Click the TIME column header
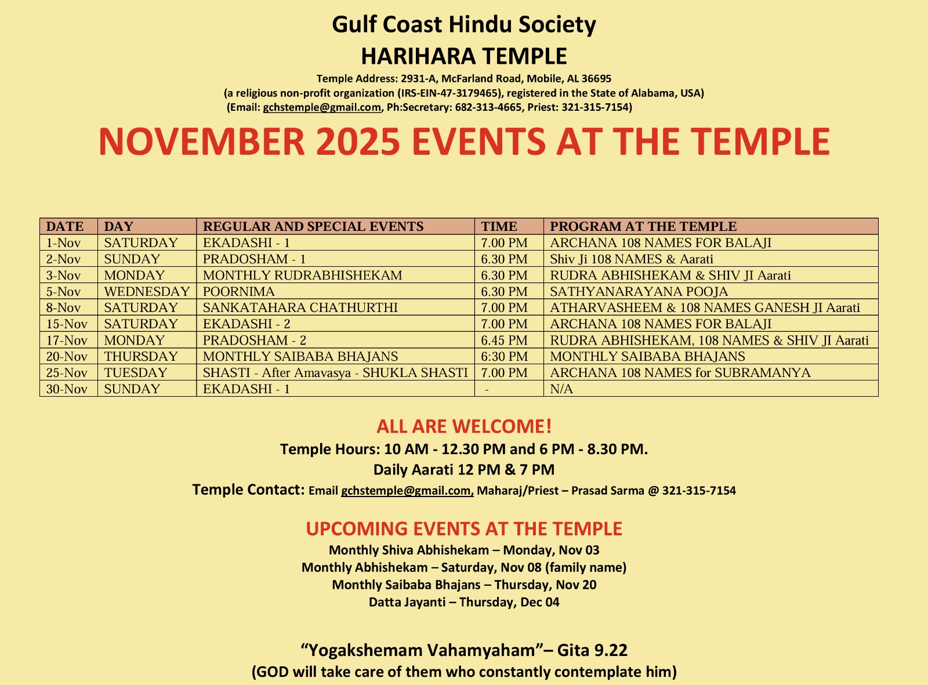point(499,226)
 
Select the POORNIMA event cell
point(238,291)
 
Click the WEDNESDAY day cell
point(147,291)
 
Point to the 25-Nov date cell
point(67,372)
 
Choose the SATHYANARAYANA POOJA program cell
point(639,291)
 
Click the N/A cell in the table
point(561,389)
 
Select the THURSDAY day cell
point(141,356)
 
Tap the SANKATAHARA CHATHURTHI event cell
point(300,307)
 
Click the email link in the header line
point(322,107)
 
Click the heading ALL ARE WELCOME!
point(464,426)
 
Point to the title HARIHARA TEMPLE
point(464,56)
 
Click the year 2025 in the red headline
point(352,142)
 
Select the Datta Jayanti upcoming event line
point(464,602)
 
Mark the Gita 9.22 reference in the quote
point(592,650)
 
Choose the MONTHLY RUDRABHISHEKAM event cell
point(302,275)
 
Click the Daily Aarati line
point(464,469)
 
